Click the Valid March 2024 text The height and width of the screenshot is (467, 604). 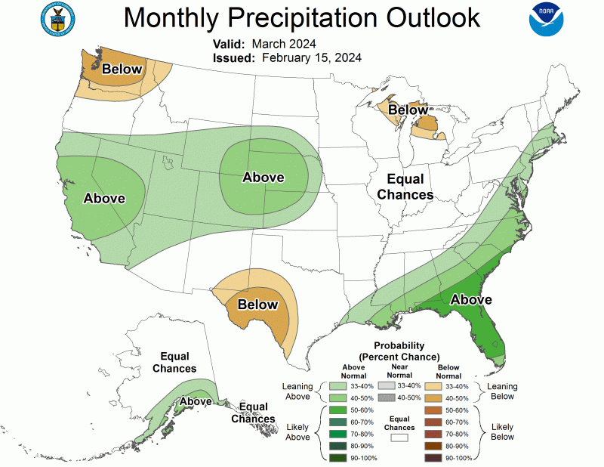pyautogui.click(x=263, y=43)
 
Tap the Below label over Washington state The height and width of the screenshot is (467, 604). pyautogui.click(x=122, y=70)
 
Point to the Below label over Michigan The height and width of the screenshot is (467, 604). pyautogui.click(x=408, y=110)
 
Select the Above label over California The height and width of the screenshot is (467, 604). pyautogui.click(x=103, y=199)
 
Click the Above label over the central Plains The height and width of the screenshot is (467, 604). pyautogui.click(x=263, y=178)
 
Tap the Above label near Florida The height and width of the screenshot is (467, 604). pyautogui.click(x=472, y=300)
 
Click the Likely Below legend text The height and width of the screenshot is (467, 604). pyautogui.click(x=502, y=431)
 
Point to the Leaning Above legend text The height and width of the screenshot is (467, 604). pyautogui.click(x=297, y=391)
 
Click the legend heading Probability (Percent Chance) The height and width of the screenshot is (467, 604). pyautogui.click(x=399, y=351)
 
